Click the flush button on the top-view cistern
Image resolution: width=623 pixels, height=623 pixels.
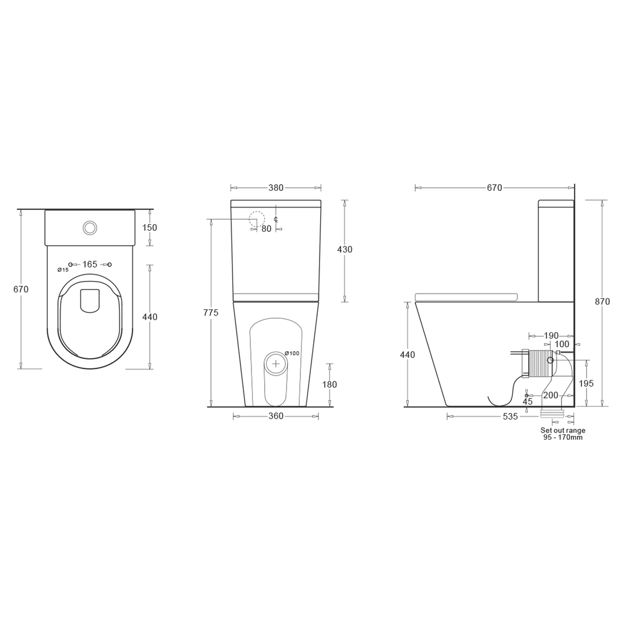click(89, 228)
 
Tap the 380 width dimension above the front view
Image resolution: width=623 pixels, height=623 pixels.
click(276, 188)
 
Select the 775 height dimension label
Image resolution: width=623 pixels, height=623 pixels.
click(211, 313)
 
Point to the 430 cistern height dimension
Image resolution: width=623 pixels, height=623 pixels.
click(344, 250)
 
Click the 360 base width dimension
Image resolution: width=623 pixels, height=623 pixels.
click(276, 416)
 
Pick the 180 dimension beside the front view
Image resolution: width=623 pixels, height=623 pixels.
click(329, 385)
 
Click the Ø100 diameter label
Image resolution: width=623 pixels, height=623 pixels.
click(292, 353)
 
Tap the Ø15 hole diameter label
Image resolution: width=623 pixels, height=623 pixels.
click(63, 270)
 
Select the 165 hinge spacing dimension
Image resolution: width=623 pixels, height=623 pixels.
click(89, 264)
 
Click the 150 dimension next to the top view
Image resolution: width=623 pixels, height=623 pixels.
click(149, 228)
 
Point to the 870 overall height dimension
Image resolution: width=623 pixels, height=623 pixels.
click(602, 302)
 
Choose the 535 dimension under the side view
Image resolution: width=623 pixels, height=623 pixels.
click(510, 416)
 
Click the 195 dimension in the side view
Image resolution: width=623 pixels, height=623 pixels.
click(586, 384)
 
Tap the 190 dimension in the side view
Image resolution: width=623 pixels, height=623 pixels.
click(551, 336)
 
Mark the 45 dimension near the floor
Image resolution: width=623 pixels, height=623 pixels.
click(527, 401)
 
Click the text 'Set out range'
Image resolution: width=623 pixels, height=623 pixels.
click(562, 430)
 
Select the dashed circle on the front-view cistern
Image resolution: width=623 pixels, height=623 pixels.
click(257, 219)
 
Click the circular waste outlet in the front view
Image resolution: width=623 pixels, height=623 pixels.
click(276, 363)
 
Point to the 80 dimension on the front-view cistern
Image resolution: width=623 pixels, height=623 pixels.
click(266, 229)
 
